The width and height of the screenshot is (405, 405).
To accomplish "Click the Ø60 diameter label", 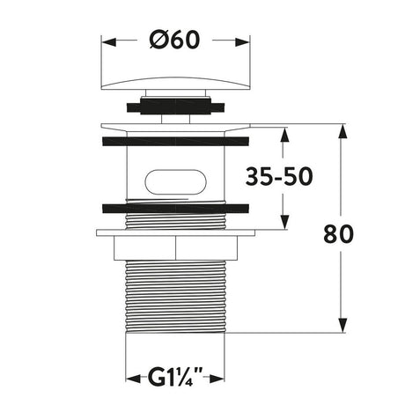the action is pos(175,40).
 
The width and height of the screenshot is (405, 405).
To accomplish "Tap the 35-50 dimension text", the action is pos(279,177).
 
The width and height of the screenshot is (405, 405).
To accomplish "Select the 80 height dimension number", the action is pos(338,234).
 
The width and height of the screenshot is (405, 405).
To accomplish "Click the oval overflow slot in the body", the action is pos(175,181).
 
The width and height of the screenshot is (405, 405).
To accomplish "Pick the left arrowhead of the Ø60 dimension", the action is pos(108,42).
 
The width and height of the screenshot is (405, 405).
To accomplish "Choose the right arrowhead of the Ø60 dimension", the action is pos(242,42).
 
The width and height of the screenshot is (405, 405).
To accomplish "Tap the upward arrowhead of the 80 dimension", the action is pos(342,131).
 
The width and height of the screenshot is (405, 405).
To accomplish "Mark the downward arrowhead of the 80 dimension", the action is pos(342,326).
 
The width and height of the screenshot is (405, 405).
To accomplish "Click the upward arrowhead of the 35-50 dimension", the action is pos(284,135).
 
